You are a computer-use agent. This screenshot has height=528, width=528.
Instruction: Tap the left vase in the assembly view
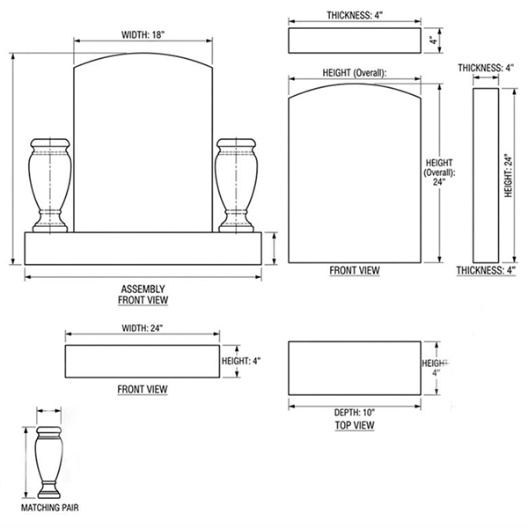(x=49, y=184)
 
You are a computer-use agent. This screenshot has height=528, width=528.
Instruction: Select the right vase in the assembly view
(x=235, y=184)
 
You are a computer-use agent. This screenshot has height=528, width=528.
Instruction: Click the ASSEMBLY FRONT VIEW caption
(x=143, y=294)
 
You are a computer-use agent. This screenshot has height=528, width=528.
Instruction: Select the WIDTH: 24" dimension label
(x=143, y=329)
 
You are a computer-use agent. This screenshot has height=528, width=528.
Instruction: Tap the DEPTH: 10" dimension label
(x=355, y=412)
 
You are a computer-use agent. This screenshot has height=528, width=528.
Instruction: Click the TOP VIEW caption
(x=355, y=425)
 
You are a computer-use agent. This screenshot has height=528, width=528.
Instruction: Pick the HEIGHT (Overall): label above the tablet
(x=356, y=73)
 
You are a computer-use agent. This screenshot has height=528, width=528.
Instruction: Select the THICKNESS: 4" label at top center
(x=355, y=16)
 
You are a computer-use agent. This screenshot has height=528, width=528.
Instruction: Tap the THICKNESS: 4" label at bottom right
(x=483, y=271)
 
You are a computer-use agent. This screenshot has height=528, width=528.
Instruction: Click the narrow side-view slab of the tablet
(x=486, y=176)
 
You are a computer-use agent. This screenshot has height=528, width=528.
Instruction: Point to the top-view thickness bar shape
(x=355, y=40)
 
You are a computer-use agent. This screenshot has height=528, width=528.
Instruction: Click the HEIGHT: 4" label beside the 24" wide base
(x=241, y=361)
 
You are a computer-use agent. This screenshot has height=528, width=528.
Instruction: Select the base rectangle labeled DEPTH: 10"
(x=355, y=368)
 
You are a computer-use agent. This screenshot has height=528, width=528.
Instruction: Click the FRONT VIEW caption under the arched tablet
(x=355, y=271)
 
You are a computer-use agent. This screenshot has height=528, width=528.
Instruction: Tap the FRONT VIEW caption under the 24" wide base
(x=143, y=389)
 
